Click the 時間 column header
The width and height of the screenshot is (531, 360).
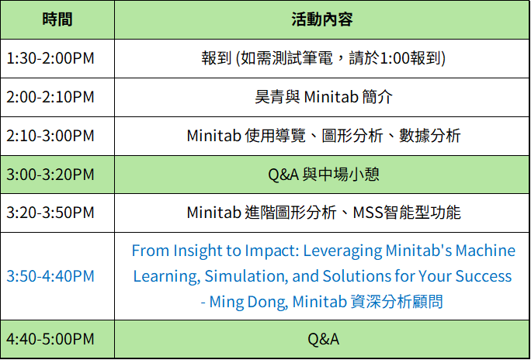point(57,19)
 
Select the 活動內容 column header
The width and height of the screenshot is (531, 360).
point(322,19)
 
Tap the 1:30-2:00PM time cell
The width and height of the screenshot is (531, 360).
point(50,58)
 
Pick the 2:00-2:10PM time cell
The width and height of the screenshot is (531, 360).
point(50,97)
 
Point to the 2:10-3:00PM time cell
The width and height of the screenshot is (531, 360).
point(50,136)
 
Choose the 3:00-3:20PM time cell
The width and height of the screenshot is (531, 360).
point(50,175)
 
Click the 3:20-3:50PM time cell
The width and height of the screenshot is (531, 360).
point(50,213)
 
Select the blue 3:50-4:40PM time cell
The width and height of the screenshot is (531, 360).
point(50,276)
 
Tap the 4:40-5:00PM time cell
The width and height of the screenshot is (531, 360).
point(50,339)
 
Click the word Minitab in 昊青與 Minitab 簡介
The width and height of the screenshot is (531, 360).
point(331,97)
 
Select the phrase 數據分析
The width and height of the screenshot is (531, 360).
point(430,136)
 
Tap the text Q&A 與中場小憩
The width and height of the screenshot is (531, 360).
point(324,175)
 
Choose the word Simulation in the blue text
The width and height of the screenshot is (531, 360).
point(246,276)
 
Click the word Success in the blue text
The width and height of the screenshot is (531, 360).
point(484,276)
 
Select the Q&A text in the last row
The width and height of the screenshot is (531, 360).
point(324,339)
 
